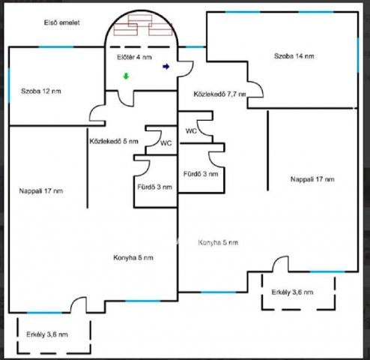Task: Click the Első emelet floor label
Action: pos(62,22)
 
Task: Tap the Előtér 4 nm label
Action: pos(134,57)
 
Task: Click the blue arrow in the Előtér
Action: pos(166,67)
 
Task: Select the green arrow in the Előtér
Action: pos(126,76)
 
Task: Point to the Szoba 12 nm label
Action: pos(41,91)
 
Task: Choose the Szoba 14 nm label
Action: pos(294,56)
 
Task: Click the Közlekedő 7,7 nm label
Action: pos(219,94)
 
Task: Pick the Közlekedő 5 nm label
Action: pos(114,141)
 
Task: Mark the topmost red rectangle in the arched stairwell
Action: pos(140,20)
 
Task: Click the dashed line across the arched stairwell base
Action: pos(140,47)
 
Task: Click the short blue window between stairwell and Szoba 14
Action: pos(195,46)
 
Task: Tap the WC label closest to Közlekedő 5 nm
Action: pos(166,143)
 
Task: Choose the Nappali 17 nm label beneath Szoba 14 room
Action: pos(312,179)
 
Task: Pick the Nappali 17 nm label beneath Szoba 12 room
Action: pos(41,191)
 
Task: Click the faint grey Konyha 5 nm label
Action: pos(218,242)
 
